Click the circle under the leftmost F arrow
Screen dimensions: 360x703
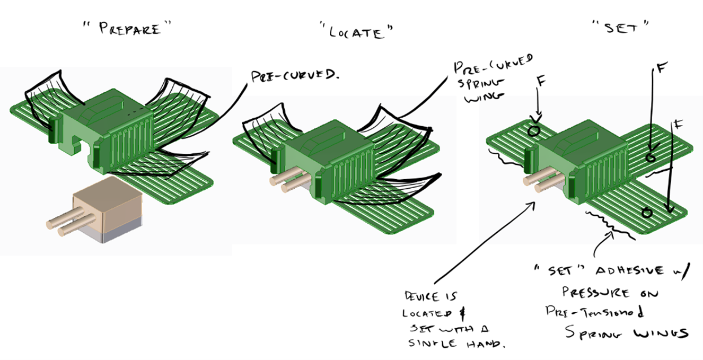click(x=534, y=129)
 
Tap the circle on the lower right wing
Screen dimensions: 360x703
click(x=646, y=213)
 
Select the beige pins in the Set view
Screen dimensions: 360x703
click(x=536, y=181)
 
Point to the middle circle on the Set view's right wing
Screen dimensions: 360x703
click(x=651, y=157)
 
